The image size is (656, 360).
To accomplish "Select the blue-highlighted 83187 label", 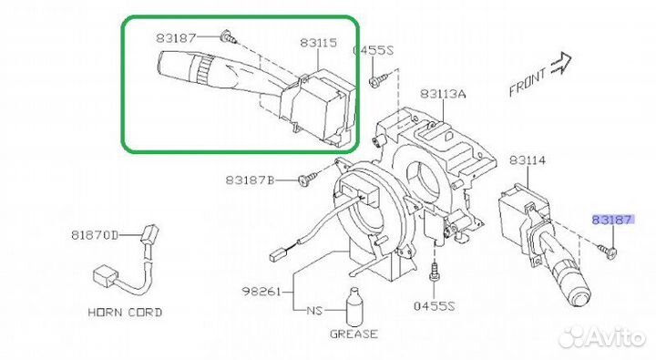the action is [612, 220].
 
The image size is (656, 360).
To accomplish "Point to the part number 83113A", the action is [443, 94].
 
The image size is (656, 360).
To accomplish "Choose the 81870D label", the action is [95, 234].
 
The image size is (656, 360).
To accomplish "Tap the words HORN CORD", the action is [125, 312].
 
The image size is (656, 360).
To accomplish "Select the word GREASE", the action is [353, 334].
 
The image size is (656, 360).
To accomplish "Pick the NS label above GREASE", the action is [313, 311].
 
